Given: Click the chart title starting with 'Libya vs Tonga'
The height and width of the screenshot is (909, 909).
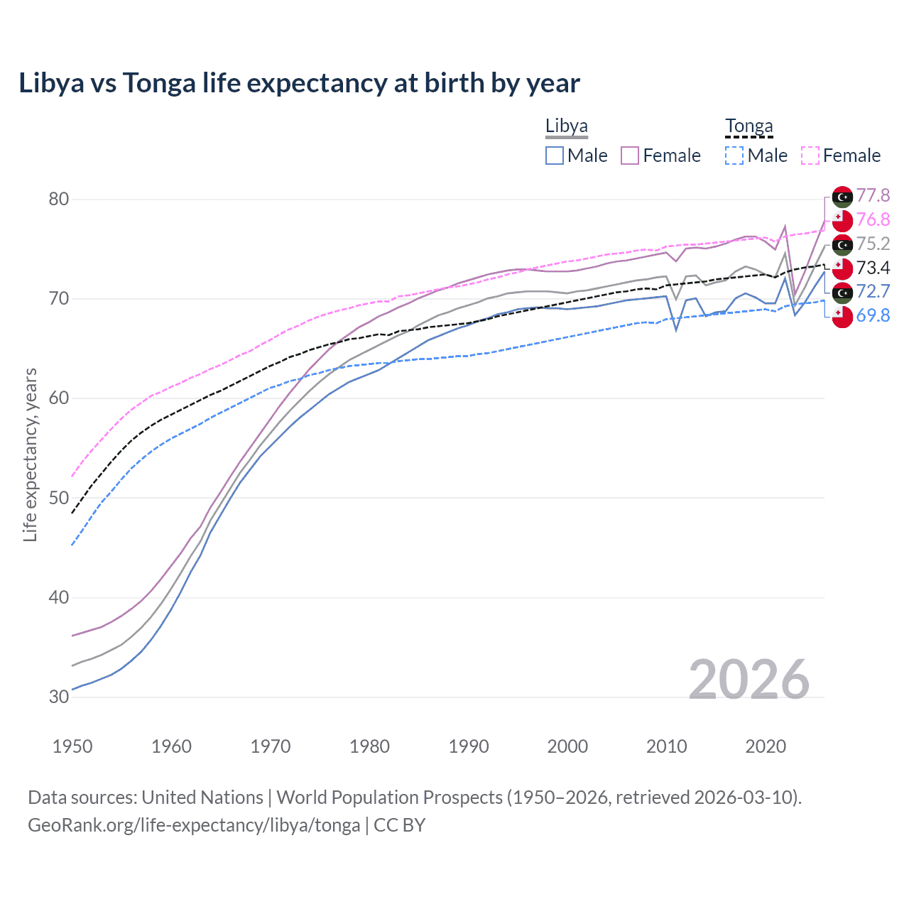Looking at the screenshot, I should coord(299,83).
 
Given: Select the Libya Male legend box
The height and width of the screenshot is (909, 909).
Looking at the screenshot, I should coord(555,156).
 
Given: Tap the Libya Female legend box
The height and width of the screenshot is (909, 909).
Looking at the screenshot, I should coord(630,156).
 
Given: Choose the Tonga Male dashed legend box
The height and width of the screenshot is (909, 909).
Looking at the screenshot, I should coord(734,156).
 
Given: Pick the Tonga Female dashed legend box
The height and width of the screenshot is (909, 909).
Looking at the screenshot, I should coord(810,156).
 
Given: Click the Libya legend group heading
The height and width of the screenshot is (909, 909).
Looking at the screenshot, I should coord(566,126).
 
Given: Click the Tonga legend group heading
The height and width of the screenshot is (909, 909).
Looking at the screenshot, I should coord(749,126).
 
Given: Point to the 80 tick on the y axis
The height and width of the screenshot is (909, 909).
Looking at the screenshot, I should coord(59,199).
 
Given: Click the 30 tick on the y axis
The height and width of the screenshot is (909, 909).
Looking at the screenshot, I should coord(59,697).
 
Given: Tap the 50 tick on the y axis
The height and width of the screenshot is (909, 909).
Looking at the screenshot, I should coord(59,498).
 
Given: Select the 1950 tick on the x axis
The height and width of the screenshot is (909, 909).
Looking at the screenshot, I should coord(72,746).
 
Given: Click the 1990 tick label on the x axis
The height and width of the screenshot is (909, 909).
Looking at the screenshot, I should coord(469,746).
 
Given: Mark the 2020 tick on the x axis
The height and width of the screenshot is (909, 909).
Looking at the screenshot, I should coord(766,746).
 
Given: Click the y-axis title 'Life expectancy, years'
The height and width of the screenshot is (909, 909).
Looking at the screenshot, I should coord(31,454).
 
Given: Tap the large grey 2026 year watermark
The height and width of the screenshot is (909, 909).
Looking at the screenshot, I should coord(749,680).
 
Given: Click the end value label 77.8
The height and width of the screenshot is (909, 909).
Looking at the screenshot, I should coord(873,195).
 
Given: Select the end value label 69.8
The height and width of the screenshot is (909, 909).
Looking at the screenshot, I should coord(873,315).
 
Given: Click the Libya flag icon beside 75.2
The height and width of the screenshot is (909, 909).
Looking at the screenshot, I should coord(842,245).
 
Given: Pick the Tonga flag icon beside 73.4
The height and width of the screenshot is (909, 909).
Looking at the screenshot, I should coord(842,268).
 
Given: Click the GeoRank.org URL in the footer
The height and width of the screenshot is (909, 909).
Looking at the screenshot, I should coord(194,825).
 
